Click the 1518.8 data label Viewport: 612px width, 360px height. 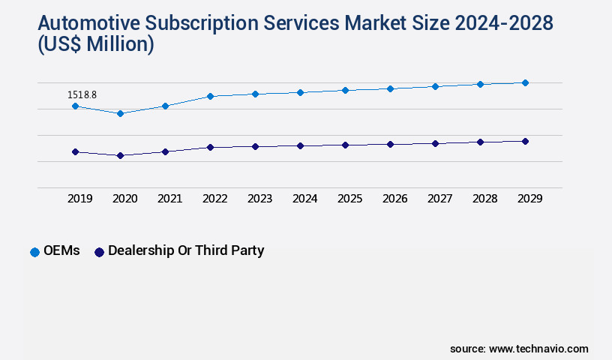[82, 95]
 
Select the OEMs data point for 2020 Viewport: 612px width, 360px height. [120, 113]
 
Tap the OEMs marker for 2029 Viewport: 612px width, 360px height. [525, 82]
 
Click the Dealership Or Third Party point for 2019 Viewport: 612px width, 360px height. [75, 151]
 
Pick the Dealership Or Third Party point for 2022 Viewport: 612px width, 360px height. [210, 147]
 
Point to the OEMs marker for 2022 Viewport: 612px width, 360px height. [210, 96]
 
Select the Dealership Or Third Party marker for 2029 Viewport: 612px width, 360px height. [525, 141]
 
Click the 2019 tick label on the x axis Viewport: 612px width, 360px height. [80, 199]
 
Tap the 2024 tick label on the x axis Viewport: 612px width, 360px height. [305, 199]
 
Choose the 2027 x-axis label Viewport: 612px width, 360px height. [440, 199]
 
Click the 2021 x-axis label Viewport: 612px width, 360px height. [170, 199]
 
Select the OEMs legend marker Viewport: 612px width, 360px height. [34, 252]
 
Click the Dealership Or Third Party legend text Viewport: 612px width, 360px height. [186, 251]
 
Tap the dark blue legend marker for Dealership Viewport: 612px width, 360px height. [98, 252]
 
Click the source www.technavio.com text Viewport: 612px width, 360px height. [519, 349]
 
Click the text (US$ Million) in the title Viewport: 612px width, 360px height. [95, 45]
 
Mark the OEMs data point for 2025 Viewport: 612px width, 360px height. [345, 90]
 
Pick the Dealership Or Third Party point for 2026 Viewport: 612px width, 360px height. [390, 144]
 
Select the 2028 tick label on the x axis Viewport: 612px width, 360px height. [485, 199]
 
